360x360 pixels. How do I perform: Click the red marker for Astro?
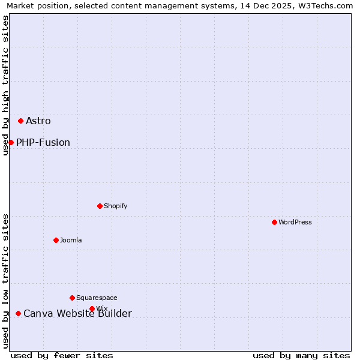tap(20, 121)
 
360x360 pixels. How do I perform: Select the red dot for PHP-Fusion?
tap(11, 142)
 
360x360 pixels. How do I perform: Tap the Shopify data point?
tap(100, 206)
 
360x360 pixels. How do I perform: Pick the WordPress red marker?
tap(274, 222)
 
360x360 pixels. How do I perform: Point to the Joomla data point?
tap(56, 240)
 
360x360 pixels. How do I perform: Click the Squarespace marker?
tap(72, 298)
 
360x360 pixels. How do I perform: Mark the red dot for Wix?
tap(92, 308)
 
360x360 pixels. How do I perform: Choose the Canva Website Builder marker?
tap(18, 313)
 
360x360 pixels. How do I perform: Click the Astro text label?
tap(38, 121)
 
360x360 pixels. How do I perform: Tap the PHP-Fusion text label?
tap(43, 143)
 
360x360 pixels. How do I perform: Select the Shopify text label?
tap(116, 206)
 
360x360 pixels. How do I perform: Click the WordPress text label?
tap(295, 223)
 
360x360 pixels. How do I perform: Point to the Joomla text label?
tap(71, 241)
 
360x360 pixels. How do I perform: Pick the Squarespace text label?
tap(97, 298)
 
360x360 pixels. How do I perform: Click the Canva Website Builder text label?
tap(77, 314)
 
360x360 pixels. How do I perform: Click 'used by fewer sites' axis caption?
tap(62, 355)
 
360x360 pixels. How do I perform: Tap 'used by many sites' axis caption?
tap(301, 355)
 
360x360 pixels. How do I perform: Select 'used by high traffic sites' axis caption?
tap(6, 85)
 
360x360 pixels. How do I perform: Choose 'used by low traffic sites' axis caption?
tap(6, 281)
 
